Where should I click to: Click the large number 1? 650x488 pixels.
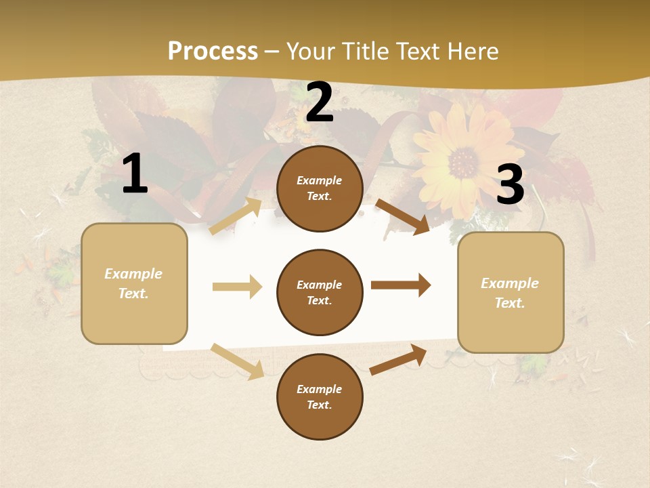(135, 174)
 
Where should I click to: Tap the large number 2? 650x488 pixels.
(320, 102)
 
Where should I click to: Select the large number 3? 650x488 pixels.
(510, 185)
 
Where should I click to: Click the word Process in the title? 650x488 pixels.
(213, 52)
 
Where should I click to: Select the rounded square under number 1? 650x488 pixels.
(134, 283)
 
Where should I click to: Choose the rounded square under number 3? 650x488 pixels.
(511, 293)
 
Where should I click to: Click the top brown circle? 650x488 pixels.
(320, 188)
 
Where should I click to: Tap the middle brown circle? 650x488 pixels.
(320, 292)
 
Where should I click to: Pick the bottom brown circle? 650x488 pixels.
(320, 396)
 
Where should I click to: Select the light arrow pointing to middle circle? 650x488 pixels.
(237, 287)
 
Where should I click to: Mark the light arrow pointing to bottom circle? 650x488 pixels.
(237, 361)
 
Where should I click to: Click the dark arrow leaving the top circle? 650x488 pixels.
(402, 217)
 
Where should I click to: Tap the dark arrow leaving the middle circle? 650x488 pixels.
(400, 285)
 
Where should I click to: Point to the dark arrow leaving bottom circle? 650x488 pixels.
(398, 360)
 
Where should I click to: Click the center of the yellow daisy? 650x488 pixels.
(464, 163)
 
